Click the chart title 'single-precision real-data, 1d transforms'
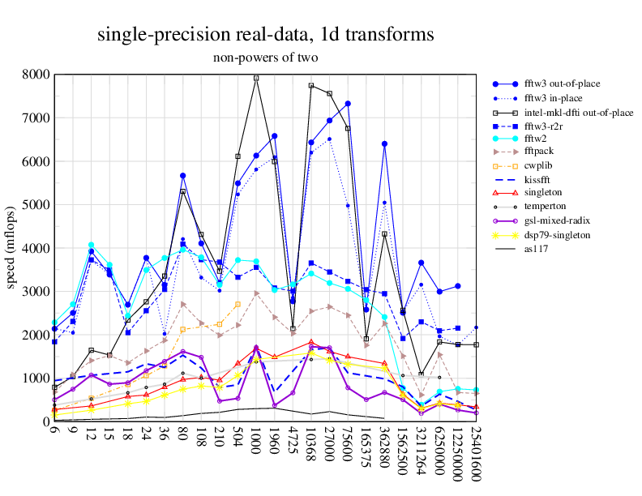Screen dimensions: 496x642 265,35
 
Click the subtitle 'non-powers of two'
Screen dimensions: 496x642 265,58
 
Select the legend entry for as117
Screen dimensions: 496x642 536,249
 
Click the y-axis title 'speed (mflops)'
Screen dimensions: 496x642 12,248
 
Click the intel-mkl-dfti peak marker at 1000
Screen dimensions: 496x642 256,79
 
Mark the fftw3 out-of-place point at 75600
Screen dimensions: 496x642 348,104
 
